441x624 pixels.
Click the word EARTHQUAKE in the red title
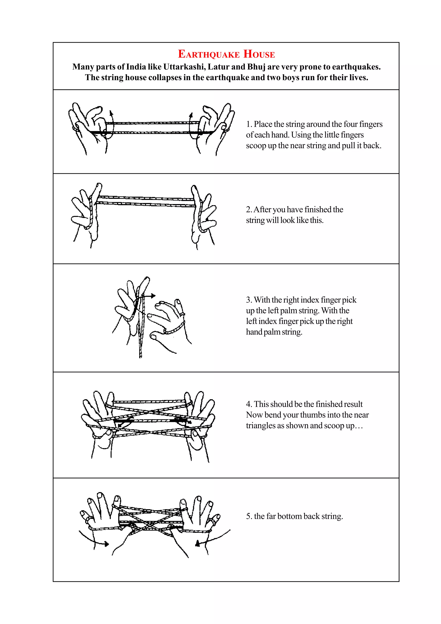(208, 54)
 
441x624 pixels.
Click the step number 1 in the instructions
(248, 124)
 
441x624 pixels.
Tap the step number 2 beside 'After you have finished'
(248, 210)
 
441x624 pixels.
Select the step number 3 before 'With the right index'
(248, 300)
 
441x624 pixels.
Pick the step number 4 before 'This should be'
(248, 404)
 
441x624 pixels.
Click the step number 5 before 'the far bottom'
(248, 516)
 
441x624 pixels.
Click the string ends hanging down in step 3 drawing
(140, 351)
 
